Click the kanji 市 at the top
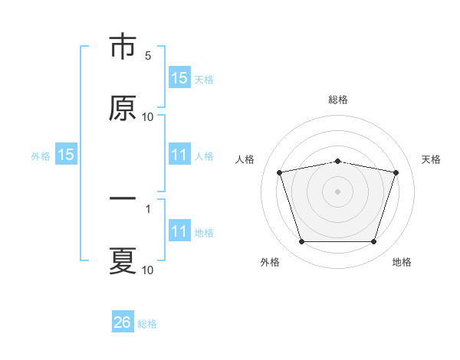point(123,46)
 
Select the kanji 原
point(123,108)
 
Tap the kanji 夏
point(123,260)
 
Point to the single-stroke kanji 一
point(123,198)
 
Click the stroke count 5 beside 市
point(148,56)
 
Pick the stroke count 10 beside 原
point(147,117)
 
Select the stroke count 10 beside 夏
point(147,270)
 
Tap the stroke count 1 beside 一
point(148,209)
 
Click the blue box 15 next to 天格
point(179,77)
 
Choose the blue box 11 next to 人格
point(179,154)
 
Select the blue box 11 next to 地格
point(179,230)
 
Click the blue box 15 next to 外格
point(66,154)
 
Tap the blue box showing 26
point(123,321)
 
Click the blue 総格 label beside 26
point(147,324)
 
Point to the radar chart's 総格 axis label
point(338,100)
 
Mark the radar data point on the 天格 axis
point(396,172)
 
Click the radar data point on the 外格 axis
point(302,241)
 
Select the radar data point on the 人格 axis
point(280,172)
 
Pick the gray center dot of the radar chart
point(337,191)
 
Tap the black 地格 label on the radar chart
point(402,262)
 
